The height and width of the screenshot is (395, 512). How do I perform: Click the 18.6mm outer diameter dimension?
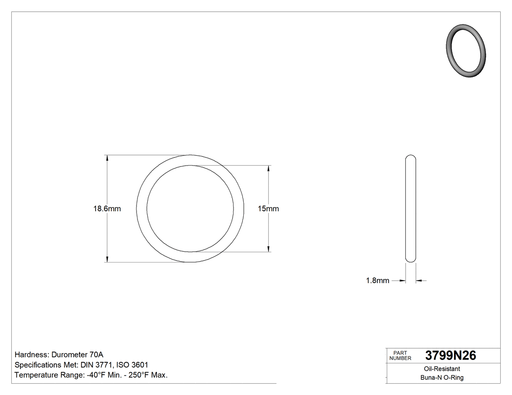click(107, 209)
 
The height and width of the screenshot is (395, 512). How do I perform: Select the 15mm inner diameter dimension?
click(268, 209)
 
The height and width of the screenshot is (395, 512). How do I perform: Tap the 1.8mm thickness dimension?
click(377, 281)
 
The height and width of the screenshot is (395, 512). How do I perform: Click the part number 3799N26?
click(451, 356)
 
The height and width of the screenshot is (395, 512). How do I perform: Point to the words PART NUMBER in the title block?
click(400, 356)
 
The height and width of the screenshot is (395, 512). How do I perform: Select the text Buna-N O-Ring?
click(442, 377)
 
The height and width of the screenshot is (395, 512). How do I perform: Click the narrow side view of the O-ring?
click(411, 209)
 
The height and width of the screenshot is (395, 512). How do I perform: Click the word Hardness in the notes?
click(31, 355)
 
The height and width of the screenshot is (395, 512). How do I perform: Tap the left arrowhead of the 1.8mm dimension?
click(403, 281)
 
